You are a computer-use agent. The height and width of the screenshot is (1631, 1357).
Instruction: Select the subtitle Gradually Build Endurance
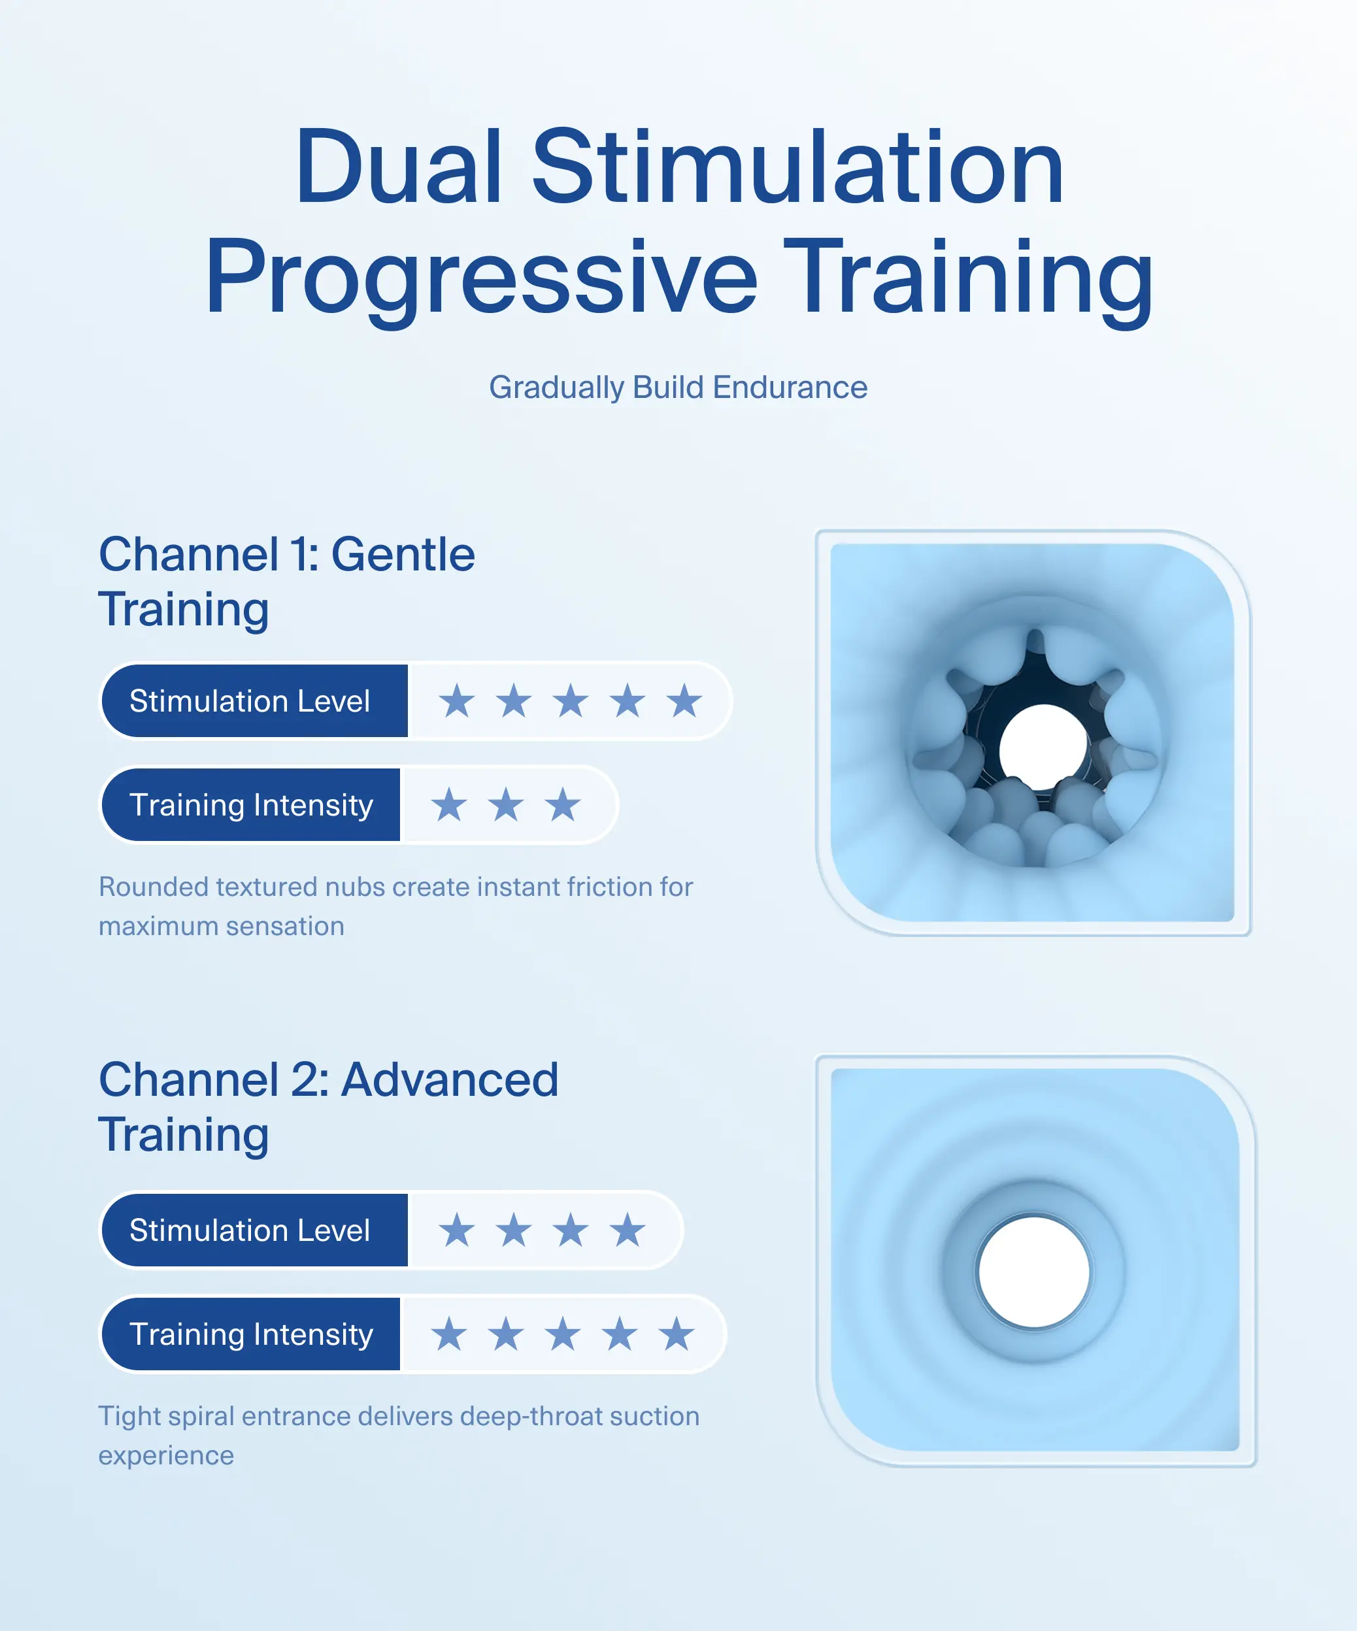tap(678, 387)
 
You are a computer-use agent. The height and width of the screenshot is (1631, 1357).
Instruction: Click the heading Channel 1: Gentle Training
tap(286, 581)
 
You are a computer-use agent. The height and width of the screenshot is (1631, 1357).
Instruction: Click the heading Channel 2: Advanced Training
tap(327, 1106)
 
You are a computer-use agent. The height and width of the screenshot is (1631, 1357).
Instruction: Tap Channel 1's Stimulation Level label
tap(249, 700)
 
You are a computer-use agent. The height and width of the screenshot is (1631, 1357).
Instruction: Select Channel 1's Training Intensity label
tap(251, 804)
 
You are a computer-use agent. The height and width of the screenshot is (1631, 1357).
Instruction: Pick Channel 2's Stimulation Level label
tap(249, 1230)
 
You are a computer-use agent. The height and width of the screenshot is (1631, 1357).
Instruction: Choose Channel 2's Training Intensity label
tap(251, 1334)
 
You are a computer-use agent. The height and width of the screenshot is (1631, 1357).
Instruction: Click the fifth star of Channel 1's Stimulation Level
tap(684, 700)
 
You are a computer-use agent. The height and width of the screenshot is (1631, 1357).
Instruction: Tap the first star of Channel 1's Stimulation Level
tap(457, 700)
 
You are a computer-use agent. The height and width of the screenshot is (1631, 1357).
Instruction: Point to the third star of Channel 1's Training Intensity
tap(562, 804)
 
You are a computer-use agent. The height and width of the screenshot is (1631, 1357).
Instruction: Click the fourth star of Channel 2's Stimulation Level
tap(628, 1230)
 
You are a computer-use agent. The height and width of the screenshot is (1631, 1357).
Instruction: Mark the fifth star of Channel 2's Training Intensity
tap(677, 1334)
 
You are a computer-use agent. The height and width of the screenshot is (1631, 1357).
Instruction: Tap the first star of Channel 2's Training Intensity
tap(449, 1334)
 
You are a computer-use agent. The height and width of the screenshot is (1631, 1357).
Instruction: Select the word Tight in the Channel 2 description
tap(128, 1416)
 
